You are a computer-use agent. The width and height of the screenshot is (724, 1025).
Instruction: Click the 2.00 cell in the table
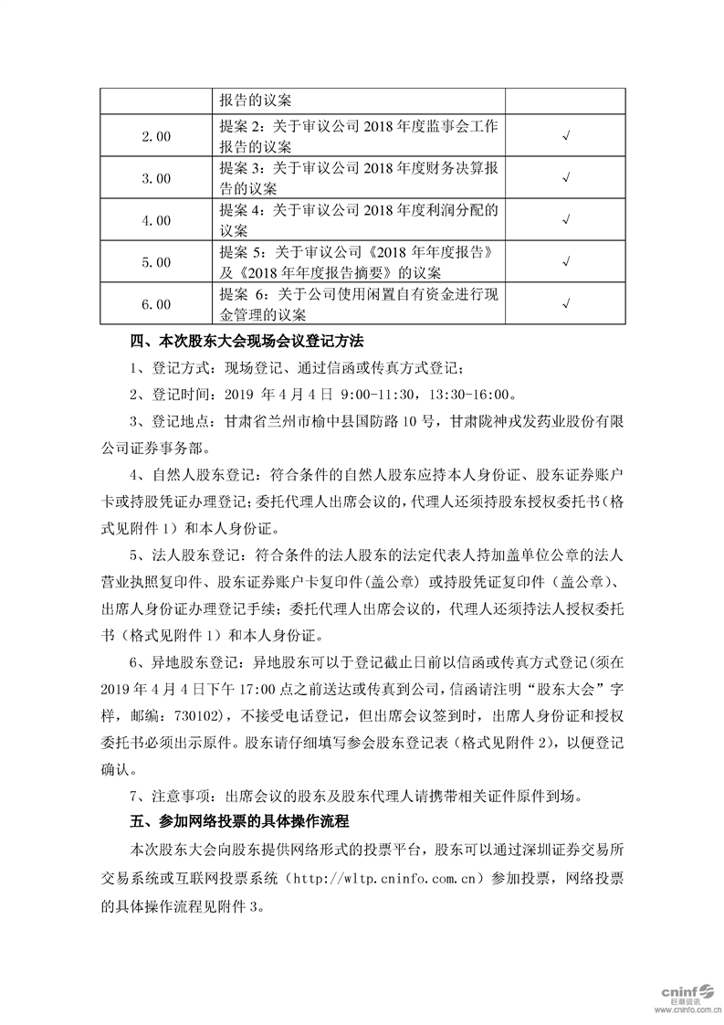click(x=156, y=136)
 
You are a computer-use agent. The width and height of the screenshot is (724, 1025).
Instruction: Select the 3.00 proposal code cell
click(x=156, y=178)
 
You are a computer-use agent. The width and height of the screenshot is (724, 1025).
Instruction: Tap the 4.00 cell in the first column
click(x=156, y=220)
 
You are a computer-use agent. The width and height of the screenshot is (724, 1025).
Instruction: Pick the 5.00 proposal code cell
click(x=156, y=262)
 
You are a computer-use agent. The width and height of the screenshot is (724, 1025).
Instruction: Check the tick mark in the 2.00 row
click(x=567, y=136)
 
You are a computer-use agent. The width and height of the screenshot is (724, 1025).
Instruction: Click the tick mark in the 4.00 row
click(x=567, y=220)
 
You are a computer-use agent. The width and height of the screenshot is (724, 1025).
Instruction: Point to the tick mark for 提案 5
click(x=567, y=262)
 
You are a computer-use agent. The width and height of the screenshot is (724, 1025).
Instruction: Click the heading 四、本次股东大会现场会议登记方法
click(x=247, y=342)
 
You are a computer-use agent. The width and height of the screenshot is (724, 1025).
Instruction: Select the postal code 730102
click(x=215, y=713)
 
